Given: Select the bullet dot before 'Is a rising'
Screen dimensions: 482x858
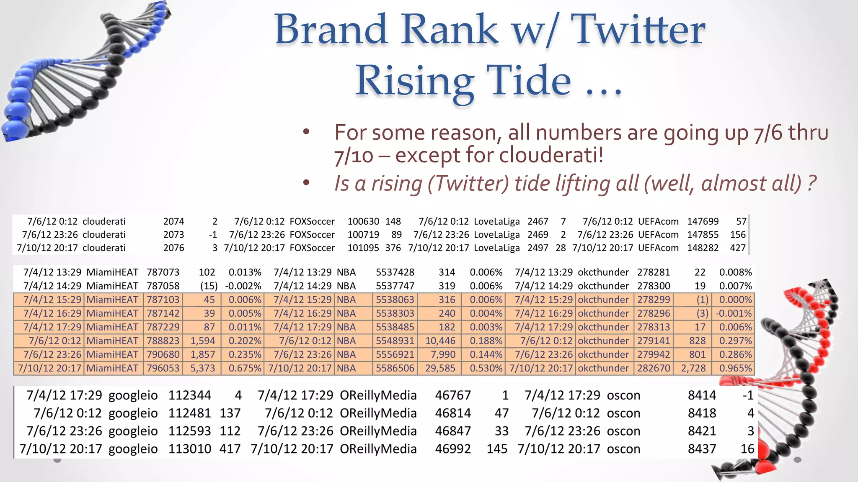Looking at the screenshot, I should tap(306, 183).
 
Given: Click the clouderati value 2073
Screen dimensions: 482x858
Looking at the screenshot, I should tap(173, 235).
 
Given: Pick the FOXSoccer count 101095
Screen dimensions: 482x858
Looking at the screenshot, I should tap(363, 248).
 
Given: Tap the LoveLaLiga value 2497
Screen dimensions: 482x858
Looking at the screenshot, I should tap(538, 248).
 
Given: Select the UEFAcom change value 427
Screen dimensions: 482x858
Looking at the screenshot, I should tap(737, 248).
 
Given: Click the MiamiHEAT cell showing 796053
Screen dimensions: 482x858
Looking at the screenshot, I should tap(163, 368).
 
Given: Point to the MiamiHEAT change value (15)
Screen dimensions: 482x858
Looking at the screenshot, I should tap(209, 286).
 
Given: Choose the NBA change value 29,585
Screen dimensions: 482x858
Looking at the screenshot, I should tap(440, 368).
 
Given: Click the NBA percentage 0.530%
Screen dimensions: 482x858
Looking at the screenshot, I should tap(486, 368).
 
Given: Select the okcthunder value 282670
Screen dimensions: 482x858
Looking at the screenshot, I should tap(654, 368).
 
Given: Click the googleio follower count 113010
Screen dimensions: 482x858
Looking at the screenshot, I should tap(189, 449).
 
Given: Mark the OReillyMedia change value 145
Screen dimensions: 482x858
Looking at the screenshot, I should tap(497, 449).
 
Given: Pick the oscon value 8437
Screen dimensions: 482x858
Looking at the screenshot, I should tap(702, 449).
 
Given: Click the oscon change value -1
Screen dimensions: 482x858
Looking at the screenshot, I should tap(747, 395).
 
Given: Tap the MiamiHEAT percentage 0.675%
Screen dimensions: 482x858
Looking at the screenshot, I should tap(245, 368).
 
